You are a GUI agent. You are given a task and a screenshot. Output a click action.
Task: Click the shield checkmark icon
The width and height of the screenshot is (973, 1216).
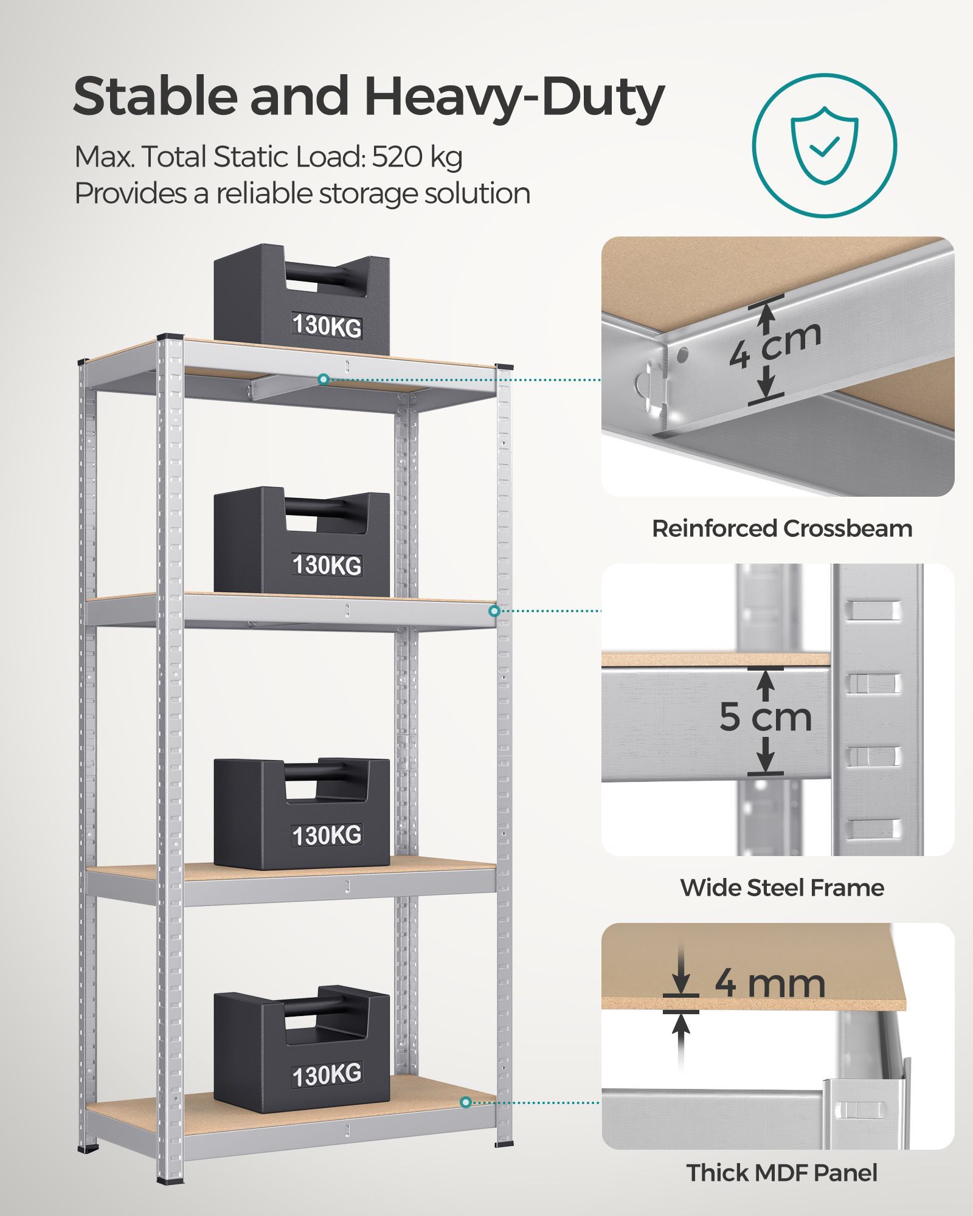(x=824, y=145)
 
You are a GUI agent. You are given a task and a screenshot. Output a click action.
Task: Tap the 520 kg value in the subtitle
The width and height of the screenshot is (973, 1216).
(x=417, y=157)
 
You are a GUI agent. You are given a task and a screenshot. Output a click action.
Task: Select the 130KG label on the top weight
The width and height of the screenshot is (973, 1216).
(x=327, y=325)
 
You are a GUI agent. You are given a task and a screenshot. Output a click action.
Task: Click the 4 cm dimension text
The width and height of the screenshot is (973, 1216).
(x=775, y=344)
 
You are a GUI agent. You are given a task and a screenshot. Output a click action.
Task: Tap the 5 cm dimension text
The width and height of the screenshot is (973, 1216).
(x=766, y=717)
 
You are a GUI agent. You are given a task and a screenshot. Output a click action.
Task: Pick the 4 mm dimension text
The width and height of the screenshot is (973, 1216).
(x=770, y=984)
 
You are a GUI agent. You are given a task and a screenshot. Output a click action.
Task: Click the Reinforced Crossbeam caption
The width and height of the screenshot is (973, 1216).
(x=782, y=528)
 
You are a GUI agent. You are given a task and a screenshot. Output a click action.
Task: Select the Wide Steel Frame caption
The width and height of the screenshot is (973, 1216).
(x=782, y=888)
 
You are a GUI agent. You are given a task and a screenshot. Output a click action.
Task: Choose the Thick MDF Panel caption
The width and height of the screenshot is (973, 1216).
(x=782, y=1172)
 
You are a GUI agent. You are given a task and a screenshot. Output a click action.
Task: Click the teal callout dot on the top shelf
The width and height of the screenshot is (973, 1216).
(x=324, y=379)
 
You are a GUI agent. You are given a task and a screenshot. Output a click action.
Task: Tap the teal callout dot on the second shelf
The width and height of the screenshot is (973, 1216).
(x=494, y=610)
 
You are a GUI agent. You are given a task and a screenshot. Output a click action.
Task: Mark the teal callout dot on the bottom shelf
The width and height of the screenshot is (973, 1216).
(x=466, y=1102)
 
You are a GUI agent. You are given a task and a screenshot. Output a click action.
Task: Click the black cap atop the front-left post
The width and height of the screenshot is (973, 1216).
(x=170, y=337)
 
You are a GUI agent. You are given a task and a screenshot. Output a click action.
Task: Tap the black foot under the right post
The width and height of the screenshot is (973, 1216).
(x=504, y=1144)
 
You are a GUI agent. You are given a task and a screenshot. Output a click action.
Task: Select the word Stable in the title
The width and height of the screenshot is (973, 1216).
(x=155, y=97)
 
